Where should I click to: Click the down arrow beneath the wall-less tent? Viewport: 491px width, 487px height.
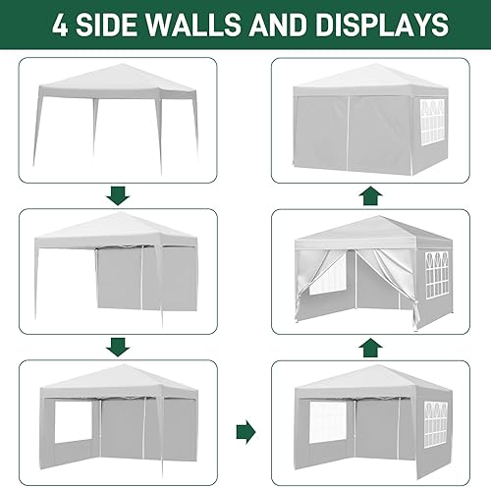pyautogui.click(x=118, y=193)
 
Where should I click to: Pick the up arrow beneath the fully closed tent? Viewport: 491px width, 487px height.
pyautogui.click(x=368, y=194)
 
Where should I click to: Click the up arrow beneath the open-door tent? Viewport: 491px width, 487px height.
pyautogui.click(x=368, y=346)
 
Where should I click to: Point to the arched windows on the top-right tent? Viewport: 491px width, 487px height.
pyautogui.click(x=432, y=122)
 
